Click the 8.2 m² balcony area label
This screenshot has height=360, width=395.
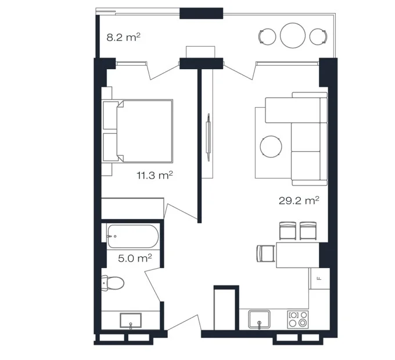pos(123,38)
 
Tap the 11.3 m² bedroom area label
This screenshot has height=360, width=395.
pos(155,175)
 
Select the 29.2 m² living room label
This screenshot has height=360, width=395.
pos(299,201)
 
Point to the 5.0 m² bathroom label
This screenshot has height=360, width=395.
pos(135,258)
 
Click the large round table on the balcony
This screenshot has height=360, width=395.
pos(293,35)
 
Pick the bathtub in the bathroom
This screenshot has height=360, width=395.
pos(133,236)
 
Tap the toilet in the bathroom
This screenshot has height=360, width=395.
pos(113,283)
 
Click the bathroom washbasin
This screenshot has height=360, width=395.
pos(131,321)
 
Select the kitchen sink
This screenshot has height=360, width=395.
pos(260,319)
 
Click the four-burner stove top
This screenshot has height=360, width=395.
pos(298,319)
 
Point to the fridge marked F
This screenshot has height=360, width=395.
pos(319,279)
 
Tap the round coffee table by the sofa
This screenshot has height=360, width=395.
pos(271,147)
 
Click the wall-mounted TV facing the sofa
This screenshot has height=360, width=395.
pos(208,137)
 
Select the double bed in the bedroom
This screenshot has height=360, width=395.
pos(138,131)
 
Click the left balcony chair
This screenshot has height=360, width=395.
pos(267,37)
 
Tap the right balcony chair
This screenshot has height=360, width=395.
pos(319,37)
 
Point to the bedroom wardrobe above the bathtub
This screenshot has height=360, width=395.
pos(132,209)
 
